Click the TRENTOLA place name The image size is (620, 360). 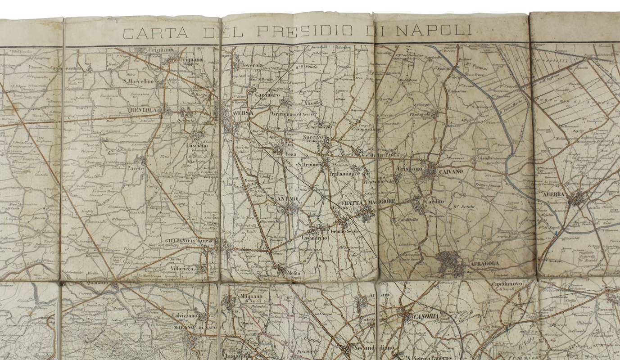point(142,110)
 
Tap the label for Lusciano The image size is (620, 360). point(196,146)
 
